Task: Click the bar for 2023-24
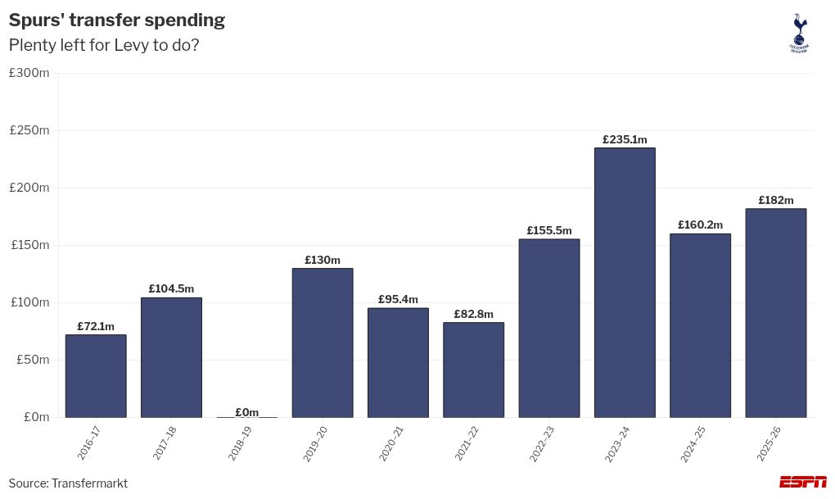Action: click(x=625, y=283)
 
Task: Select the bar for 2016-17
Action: click(x=96, y=376)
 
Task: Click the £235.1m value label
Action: click(x=625, y=140)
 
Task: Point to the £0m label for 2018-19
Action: click(x=246, y=412)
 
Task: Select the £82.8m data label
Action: click(x=473, y=315)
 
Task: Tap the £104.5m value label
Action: click(x=171, y=289)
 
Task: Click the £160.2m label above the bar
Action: click(x=700, y=225)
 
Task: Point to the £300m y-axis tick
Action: click(x=29, y=73)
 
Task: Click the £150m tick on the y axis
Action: click(x=29, y=245)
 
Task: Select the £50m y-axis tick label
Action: click(x=32, y=360)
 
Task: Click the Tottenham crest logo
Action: click(x=798, y=33)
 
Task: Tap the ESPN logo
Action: click(x=802, y=482)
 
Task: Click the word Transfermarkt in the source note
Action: click(x=89, y=483)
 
